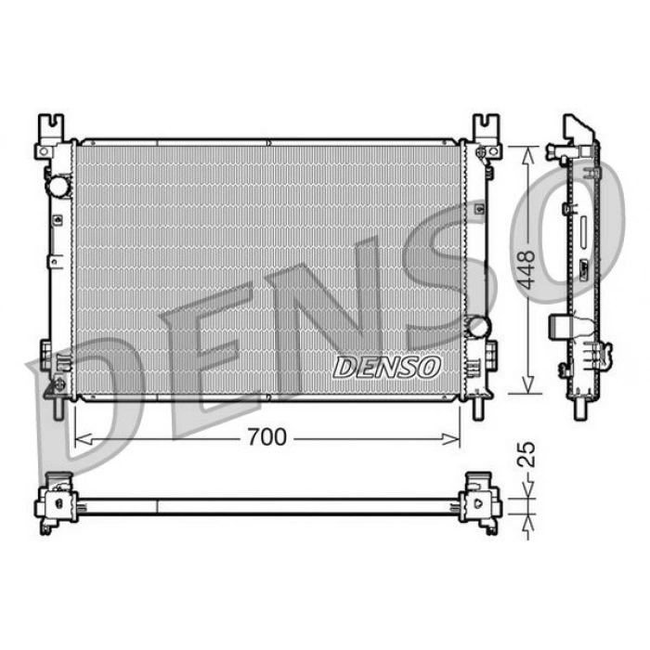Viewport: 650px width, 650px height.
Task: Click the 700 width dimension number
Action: [267, 437]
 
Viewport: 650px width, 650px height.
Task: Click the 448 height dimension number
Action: [527, 269]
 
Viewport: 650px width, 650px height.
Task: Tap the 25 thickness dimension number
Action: [527, 454]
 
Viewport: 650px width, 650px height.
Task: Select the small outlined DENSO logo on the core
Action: [386, 368]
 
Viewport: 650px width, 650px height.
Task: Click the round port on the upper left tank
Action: [58, 186]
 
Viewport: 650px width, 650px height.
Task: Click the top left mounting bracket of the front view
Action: [50, 136]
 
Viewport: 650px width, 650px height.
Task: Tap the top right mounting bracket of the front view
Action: [487, 136]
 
